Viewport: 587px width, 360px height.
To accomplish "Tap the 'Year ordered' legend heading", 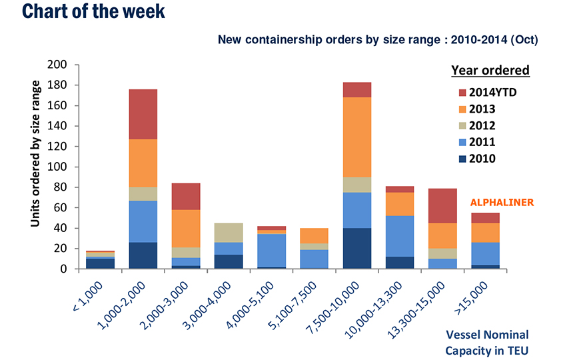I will click(490, 70).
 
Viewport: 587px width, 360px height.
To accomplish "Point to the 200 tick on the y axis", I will click(58, 65).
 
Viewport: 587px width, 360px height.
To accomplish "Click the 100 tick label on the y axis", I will click(58, 167).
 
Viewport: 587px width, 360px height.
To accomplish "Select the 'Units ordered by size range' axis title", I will click(36, 153).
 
